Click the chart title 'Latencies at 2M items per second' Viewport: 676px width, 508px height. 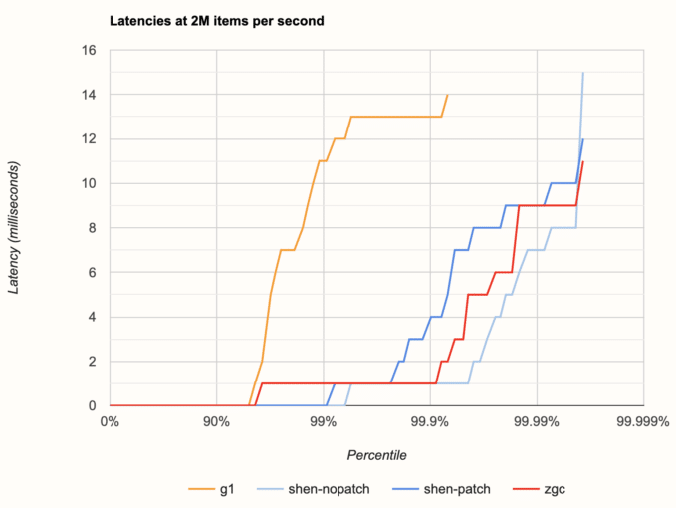tap(216, 21)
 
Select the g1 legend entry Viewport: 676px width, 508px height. tap(212, 489)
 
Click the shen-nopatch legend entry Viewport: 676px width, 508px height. tap(314, 489)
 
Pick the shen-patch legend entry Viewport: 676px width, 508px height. tap(441, 489)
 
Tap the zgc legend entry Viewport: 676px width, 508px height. tap(539, 489)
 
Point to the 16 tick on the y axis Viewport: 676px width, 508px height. tap(89, 50)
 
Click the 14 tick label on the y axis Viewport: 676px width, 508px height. tap(89, 95)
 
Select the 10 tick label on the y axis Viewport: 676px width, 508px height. tap(89, 183)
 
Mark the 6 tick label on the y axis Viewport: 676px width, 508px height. tap(93, 272)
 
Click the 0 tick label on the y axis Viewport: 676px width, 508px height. tap(93, 405)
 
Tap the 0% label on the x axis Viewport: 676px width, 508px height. tap(110, 421)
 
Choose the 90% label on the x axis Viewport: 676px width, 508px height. tap(216, 421)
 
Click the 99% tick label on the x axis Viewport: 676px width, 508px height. tap(324, 421)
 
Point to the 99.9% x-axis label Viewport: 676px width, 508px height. tap(430, 421)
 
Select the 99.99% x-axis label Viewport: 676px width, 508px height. tap(537, 421)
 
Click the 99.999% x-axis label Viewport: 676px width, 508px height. tap(643, 421)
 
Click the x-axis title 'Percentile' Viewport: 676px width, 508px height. tap(376, 455)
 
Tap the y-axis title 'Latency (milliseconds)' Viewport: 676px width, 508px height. tap(14, 228)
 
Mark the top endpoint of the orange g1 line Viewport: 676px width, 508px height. tap(448, 95)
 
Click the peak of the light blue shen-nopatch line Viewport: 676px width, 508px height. tap(583, 73)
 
